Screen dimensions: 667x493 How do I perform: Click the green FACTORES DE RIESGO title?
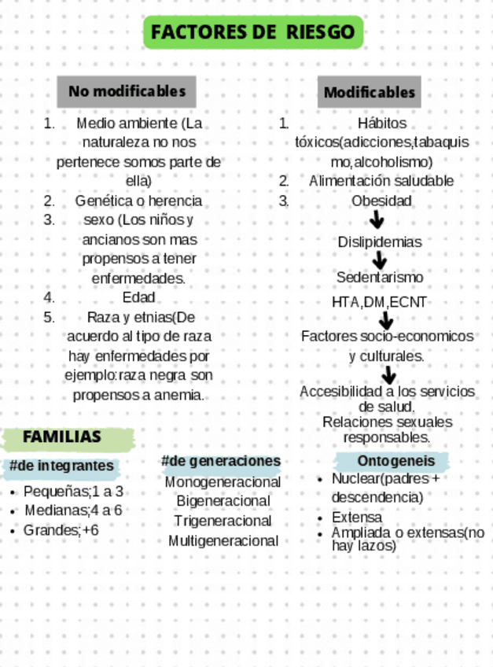[x=252, y=32]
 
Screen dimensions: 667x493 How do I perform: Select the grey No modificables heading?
[x=127, y=91]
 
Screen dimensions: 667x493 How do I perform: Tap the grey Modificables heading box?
[x=369, y=92]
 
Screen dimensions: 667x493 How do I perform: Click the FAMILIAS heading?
[x=62, y=437]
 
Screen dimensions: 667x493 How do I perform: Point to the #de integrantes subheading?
[x=61, y=466]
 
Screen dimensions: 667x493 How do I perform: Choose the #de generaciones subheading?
[x=221, y=461]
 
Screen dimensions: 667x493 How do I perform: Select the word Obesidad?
[x=381, y=201]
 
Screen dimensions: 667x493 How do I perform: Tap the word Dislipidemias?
[x=380, y=242]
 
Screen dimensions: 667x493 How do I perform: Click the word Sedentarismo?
[x=380, y=278]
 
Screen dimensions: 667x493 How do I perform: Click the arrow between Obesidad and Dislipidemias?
[x=377, y=220]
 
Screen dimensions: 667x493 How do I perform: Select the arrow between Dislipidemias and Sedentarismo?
[x=381, y=260]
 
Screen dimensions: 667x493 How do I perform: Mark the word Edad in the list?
[x=138, y=297]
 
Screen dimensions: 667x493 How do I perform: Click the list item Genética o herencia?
[x=138, y=201]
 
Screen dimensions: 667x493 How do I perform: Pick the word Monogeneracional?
[x=223, y=481]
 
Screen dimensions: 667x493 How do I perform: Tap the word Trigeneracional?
[x=223, y=521]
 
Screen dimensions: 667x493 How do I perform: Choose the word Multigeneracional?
[x=223, y=541]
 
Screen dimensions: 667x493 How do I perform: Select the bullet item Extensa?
[x=357, y=518]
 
